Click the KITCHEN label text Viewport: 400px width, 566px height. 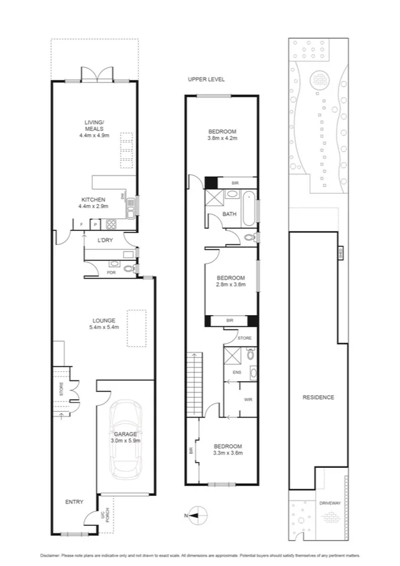(x=93, y=200)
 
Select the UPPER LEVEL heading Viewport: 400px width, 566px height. (x=204, y=79)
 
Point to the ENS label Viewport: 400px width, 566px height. (x=236, y=372)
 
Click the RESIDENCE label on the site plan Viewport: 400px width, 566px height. (x=318, y=397)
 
